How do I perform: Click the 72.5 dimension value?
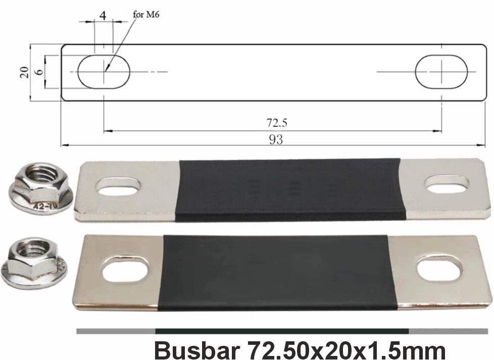click(x=273, y=123)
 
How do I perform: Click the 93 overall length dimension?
click(x=275, y=140)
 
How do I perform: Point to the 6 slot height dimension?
click(x=39, y=72)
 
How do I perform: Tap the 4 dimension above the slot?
click(x=103, y=15)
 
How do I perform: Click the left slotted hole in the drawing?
click(x=104, y=72)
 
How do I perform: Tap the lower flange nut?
click(x=34, y=262)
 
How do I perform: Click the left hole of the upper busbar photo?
click(x=116, y=187)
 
